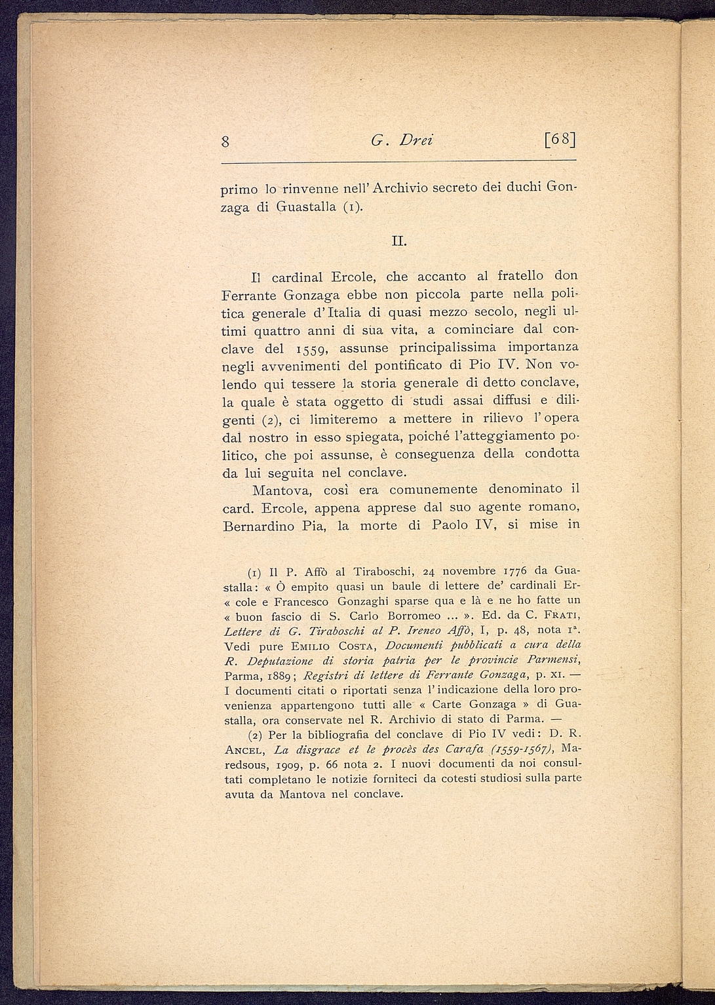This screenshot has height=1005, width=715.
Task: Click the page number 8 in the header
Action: pyautogui.click(x=225, y=141)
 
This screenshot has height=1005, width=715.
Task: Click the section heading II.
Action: pyautogui.click(x=399, y=243)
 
